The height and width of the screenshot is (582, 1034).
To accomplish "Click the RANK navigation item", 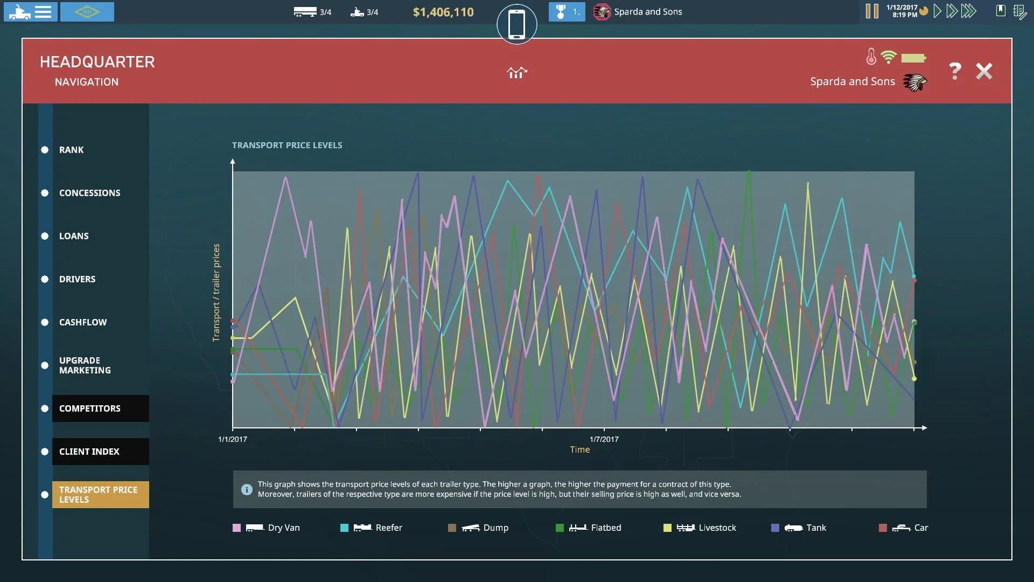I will [x=71, y=150].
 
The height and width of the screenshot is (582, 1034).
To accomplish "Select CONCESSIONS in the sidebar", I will [x=89, y=193].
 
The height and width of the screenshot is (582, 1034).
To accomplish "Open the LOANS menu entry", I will [x=74, y=236].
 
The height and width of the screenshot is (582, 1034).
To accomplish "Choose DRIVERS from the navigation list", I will [x=77, y=279].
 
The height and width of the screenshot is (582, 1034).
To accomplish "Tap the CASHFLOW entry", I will [x=83, y=322].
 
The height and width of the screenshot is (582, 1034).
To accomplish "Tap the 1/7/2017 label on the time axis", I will [x=604, y=439].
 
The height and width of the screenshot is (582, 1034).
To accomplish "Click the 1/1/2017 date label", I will [x=233, y=439].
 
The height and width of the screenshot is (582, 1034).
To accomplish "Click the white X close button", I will [x=984, y=71].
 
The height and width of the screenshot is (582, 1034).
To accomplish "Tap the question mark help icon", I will [x=955, y=71].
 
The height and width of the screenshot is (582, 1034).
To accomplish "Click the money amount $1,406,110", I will [x=443, y=12].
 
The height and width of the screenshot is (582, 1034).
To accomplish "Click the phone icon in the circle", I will [x=516, y=24].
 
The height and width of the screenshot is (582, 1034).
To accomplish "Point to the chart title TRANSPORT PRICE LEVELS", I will [x=287, y=145].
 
